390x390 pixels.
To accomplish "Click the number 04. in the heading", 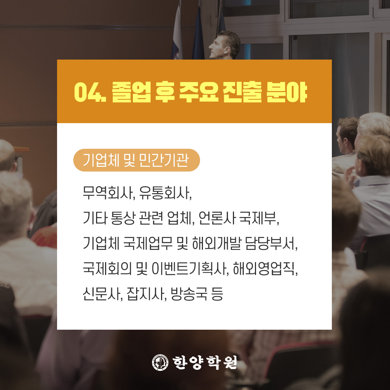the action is coord(90,92).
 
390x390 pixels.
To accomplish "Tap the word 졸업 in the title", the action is coord(131,92).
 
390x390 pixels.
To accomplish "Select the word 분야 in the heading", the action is coord(286,92).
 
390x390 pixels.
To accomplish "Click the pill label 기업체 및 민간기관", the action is coord(136,160).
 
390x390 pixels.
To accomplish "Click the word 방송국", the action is coord(189,294).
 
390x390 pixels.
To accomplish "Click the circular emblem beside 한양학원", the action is coord(160,363).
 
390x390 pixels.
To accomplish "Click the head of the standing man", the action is coord(224,45).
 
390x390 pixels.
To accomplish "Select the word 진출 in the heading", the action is coord(243,92).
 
